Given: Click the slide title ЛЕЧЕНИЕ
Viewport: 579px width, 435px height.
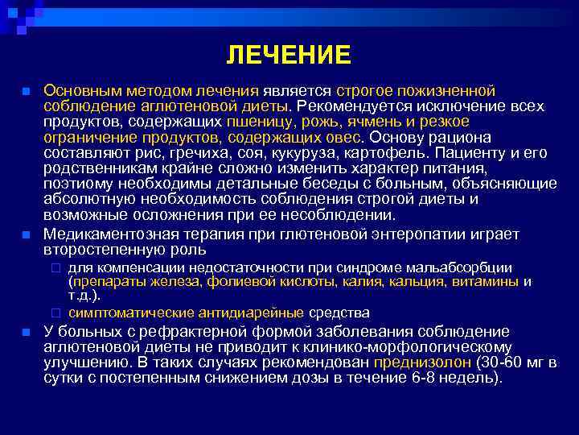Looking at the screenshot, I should coord(289,56).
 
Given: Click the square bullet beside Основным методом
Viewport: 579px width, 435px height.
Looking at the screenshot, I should coord(27,91).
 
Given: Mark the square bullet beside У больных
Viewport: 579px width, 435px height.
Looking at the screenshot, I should coord(27,332).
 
